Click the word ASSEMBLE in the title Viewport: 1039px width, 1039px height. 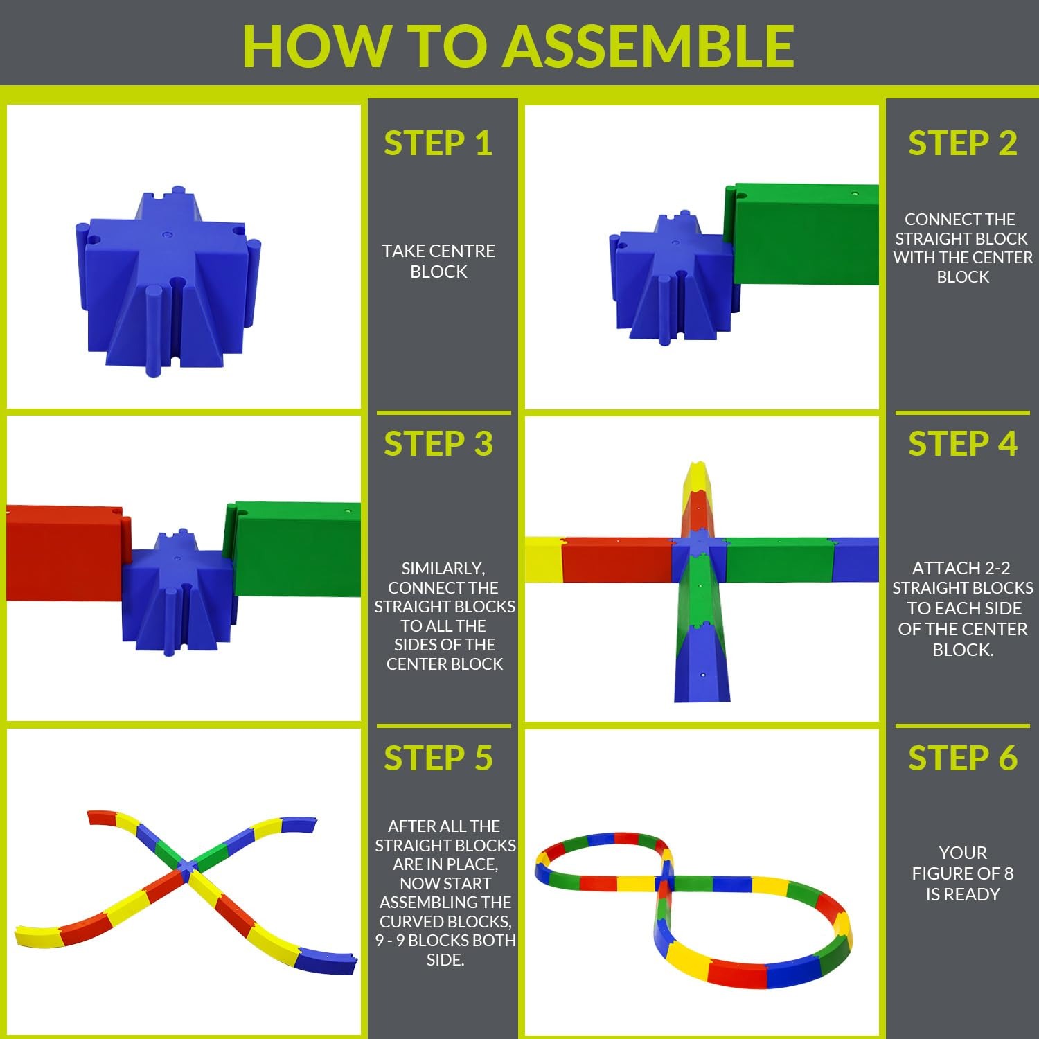648,46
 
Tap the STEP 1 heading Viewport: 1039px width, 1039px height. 438,143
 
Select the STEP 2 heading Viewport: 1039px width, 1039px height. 962,143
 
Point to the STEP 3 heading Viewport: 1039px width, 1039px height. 438,444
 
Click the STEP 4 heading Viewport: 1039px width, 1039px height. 963,444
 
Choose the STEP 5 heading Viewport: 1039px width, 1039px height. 438,758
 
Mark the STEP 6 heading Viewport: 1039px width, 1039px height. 963,758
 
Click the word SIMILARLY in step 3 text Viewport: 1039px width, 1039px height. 443,569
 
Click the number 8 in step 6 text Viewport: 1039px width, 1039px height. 1008,873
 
